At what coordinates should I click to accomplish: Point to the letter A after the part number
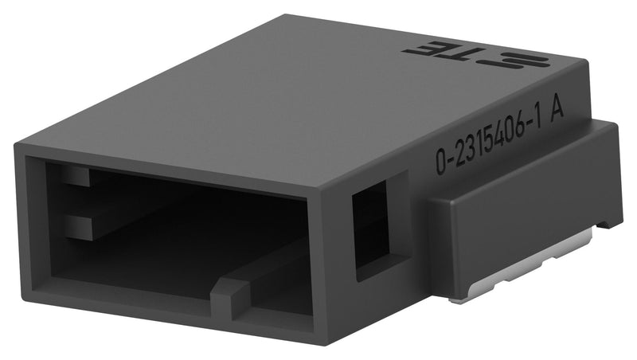click(x=557, y=111)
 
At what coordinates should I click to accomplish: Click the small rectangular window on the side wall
click(x=370, y=225)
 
